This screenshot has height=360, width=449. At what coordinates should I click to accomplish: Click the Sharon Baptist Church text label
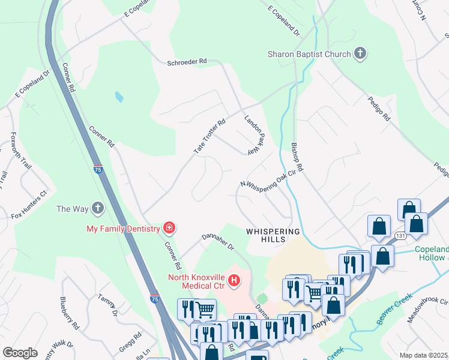309,55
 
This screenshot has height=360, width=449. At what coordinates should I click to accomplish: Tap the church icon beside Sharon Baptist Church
360,55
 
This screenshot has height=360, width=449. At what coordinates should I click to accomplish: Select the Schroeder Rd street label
186,61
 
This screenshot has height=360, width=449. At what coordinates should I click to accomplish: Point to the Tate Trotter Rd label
209,137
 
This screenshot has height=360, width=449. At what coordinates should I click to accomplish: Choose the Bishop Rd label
298,157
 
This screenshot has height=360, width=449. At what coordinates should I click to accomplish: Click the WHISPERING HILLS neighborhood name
273,235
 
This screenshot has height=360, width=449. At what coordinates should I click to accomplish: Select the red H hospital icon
235,280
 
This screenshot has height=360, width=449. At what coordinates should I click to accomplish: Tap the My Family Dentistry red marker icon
169,228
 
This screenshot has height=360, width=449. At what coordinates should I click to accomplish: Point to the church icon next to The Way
98,209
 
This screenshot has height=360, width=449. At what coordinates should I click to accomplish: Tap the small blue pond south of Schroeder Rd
119,97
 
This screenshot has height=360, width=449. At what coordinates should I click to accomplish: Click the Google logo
20,353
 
